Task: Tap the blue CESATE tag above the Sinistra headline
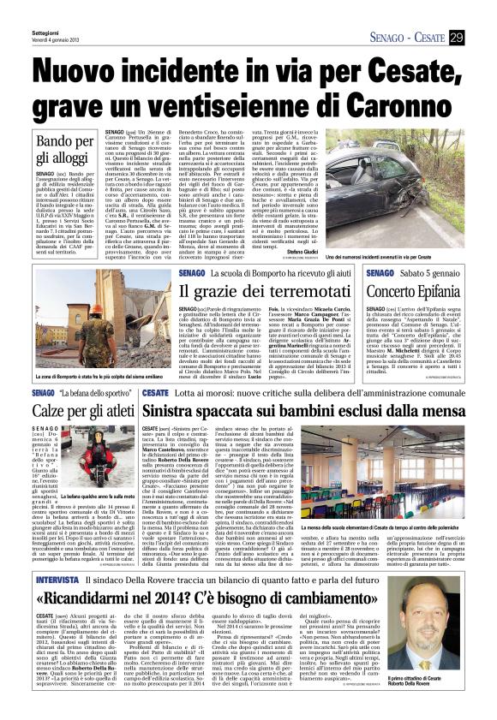coord(154,392)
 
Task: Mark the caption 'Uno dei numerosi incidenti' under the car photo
coord(398,256)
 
